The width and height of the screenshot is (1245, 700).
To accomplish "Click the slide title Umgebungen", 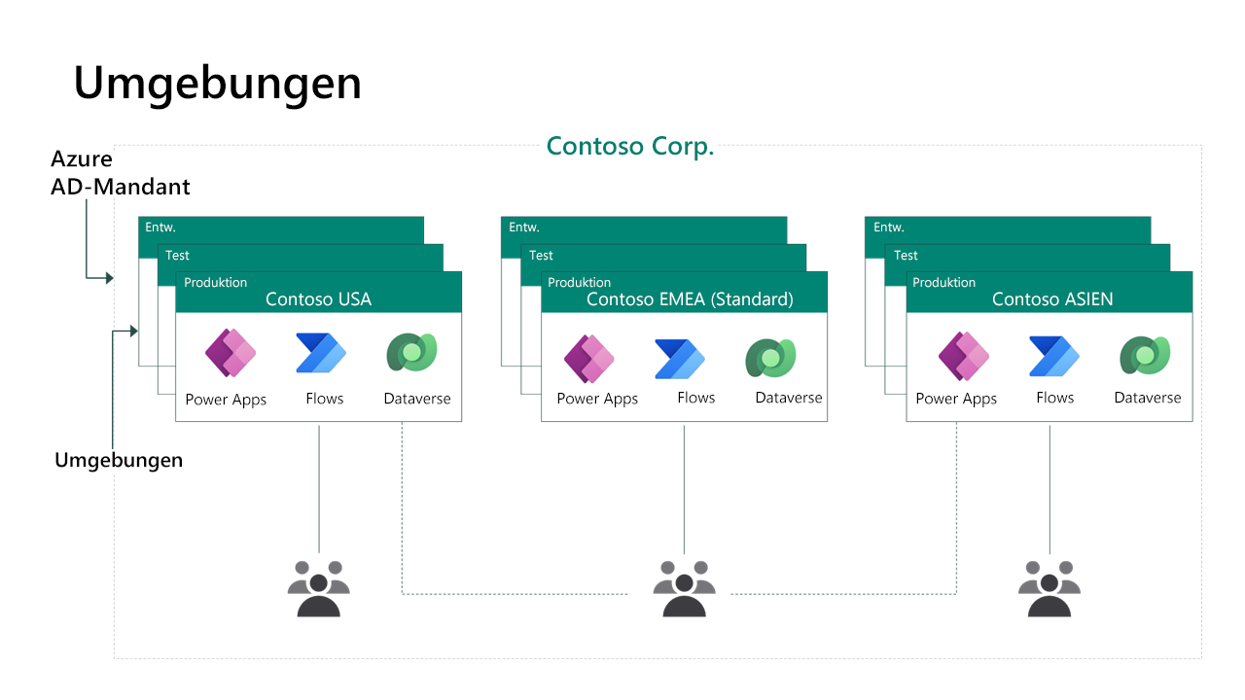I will click(x=217, y=83).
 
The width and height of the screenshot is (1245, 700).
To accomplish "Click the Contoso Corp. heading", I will click(x=630, y=146).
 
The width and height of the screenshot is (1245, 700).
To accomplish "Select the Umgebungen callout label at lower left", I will click(x=119, y=460).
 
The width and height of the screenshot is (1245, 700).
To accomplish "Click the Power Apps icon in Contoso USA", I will click(x=231, y=354).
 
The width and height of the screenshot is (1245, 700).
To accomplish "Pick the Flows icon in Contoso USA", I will click(x=321, y=354).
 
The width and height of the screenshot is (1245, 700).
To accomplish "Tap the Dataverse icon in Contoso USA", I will click(x=411, y=354).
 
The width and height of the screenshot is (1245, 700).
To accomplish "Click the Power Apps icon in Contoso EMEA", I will click(x=589, y=358).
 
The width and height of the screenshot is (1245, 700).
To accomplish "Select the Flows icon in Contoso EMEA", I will click(x=679, y=358).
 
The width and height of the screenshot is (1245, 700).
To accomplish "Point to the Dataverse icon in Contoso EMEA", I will click(x=770, y=356).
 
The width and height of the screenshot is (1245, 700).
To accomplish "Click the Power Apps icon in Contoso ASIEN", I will click(x=963, y=356).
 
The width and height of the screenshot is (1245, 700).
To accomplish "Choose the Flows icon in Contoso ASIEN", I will click(x=1053, y=356).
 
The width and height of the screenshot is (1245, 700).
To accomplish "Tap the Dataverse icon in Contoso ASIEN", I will click(x=1144, y=355).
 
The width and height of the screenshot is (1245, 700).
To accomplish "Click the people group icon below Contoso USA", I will click(x=318, y=587).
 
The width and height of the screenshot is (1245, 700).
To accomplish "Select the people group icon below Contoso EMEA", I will click(x=684, y=587).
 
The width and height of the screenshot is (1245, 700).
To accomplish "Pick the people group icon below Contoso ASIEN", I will click(x=1049, y=587).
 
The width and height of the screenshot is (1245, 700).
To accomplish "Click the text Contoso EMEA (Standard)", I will click(x=690, y=299).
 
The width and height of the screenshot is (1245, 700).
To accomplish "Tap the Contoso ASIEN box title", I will click(x=1052, y=299).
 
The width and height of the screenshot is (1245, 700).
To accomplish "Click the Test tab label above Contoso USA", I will click(x=178, y=256).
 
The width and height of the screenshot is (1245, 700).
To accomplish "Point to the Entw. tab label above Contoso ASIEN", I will click(x=889, y=227).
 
